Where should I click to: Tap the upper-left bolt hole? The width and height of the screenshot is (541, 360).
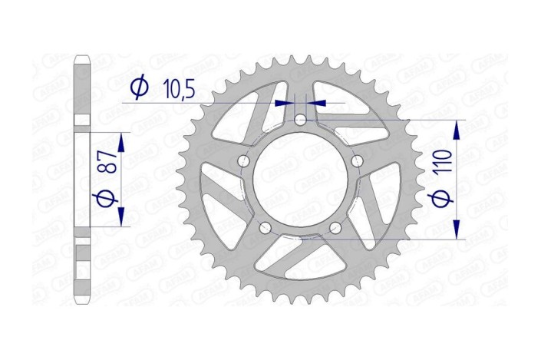pyautogui.click(x=245, y=160)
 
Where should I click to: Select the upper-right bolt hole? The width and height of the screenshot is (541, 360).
pyautogui.click(x=358, y=160)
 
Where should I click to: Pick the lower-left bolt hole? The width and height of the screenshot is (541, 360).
pyautogui.click(x=266, y=227)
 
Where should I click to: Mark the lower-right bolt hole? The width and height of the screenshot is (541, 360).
pyautogui.click(x=336, y=227)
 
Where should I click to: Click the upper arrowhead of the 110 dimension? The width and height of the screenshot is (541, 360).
pyautogui.click(x=457, y=128)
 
